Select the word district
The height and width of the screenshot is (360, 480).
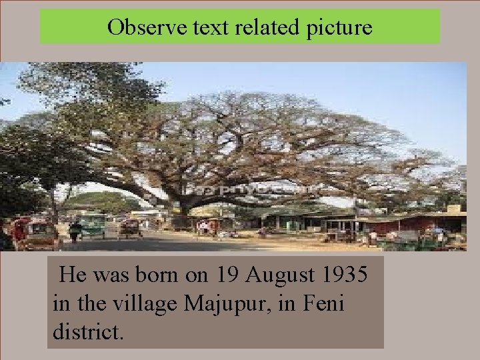86,331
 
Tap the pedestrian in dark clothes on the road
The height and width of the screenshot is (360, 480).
75,232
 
